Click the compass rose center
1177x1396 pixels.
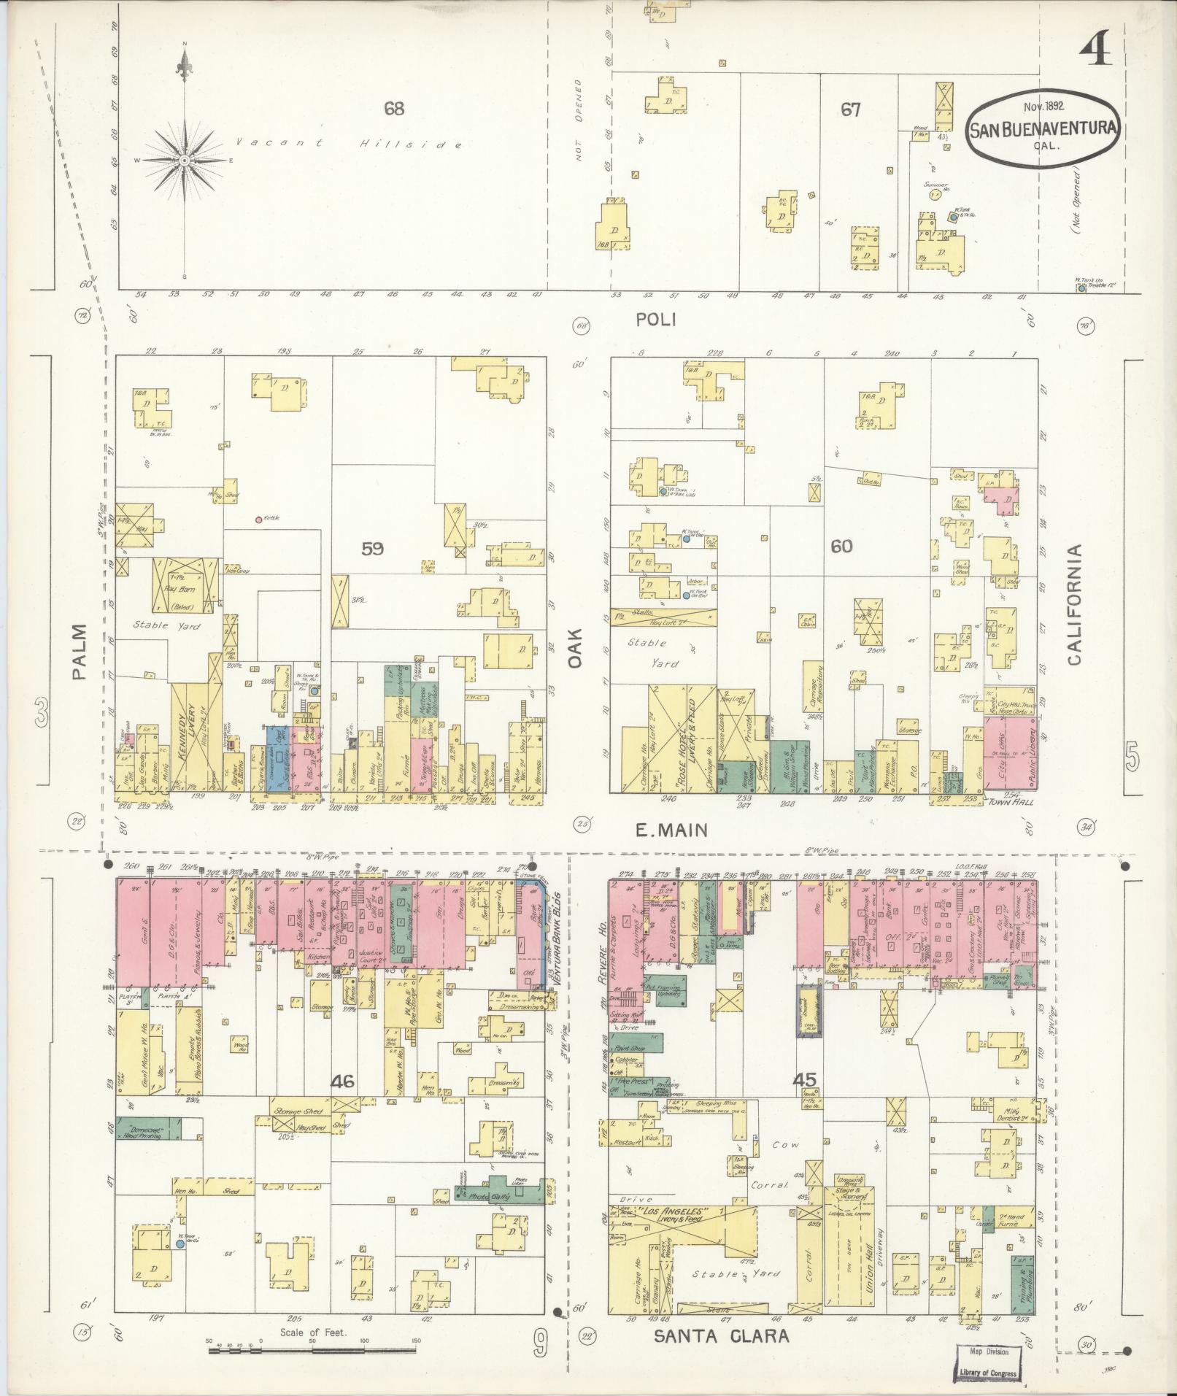pyautogui.click(x=185, y=160)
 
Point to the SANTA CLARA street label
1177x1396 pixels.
pyautogui.click(x=721, y=1336)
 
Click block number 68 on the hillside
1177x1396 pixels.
pyautogui.click(x=394, y=109)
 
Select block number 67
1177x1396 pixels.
pyautogui.click(x=850, y=110)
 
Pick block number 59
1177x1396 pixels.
pyautogui.click(x=372, y=549)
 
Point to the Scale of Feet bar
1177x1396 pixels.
pyautogui.click(x=312, y=1351)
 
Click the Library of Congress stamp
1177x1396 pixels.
pyautogui.click(x=989, y=1361)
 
